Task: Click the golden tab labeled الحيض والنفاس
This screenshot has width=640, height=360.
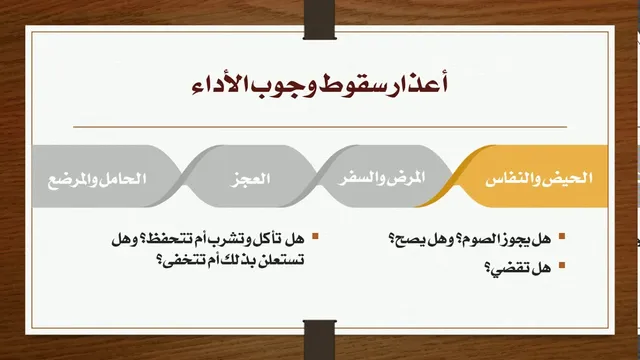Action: click(531, 176)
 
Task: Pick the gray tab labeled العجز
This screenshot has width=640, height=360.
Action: click(250, 176)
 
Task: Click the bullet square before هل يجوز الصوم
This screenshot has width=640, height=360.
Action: click(562, 236)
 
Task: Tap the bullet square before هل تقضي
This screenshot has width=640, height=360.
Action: click(562, 265)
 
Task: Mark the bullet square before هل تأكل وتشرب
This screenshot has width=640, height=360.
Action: click(315, 236)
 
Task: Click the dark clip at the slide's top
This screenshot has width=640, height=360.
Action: click(320, 20)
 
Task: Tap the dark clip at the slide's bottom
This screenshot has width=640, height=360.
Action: click(320, 340)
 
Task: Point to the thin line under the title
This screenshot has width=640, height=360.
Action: click(320, 127)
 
